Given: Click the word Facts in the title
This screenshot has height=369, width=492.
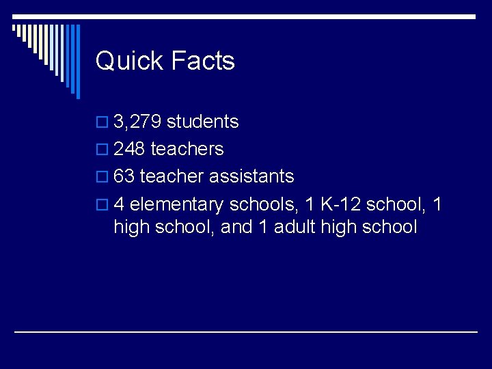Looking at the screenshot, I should pos(203,61).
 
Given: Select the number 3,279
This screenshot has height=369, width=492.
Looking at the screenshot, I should pos(137,122).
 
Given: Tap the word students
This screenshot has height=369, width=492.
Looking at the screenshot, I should pos(203,122).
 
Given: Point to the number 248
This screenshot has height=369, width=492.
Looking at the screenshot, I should pos(130,149).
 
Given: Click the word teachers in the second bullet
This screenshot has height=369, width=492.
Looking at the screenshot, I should pos(187,149).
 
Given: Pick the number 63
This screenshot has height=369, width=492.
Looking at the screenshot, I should pos(124,176).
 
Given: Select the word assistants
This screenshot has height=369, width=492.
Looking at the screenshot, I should pos(251,176).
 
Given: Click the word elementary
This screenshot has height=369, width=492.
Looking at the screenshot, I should pos(176,204).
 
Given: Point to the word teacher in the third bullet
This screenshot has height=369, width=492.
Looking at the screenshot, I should pos(172,176).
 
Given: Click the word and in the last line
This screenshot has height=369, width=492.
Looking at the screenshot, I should pos(237,227).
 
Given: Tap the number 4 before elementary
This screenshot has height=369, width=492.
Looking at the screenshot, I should pos(119,204).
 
